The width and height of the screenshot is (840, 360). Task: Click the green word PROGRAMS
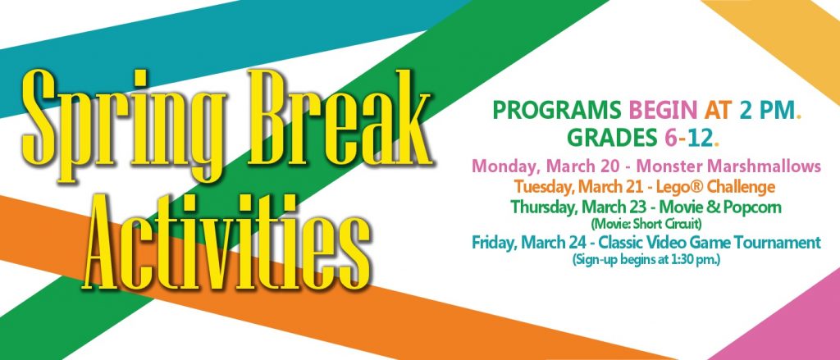click(558, 111)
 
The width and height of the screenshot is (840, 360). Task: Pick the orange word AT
click(718, 111)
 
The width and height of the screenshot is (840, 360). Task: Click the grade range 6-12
click(689, 138)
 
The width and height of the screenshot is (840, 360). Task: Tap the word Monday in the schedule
click(505, 167)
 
